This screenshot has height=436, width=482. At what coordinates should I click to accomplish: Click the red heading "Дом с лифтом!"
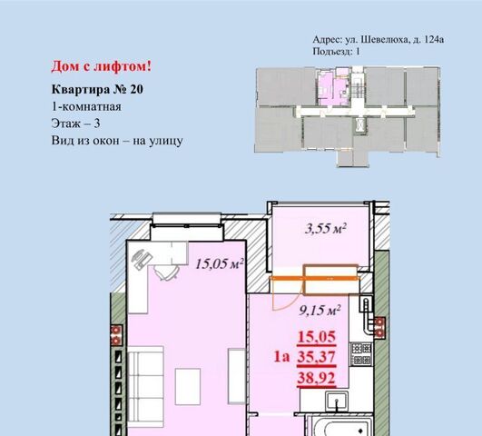101,66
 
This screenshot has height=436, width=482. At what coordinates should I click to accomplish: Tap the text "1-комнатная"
86,107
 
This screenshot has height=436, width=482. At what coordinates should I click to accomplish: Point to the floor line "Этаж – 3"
75,124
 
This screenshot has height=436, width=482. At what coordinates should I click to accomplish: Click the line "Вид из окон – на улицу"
117,141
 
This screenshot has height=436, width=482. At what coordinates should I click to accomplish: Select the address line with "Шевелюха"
379,40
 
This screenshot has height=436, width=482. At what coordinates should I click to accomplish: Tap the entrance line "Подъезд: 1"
336,51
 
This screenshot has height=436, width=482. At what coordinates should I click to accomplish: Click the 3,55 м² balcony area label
326,228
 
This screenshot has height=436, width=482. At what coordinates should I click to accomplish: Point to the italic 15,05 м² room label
220,263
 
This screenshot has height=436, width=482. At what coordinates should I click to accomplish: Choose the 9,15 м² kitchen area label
320,311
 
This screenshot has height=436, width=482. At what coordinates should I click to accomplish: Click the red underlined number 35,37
316,357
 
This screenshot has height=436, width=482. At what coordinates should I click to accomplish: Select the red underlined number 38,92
316,378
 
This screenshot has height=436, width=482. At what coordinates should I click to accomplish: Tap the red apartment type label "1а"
282,357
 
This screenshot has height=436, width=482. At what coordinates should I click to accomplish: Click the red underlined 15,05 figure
316,337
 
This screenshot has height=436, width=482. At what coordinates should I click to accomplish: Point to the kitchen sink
337,401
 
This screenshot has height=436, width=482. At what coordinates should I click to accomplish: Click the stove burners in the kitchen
361,354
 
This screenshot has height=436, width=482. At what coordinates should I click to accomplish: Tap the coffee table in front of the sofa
188,386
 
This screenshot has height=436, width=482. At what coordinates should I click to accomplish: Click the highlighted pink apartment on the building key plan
334,88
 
